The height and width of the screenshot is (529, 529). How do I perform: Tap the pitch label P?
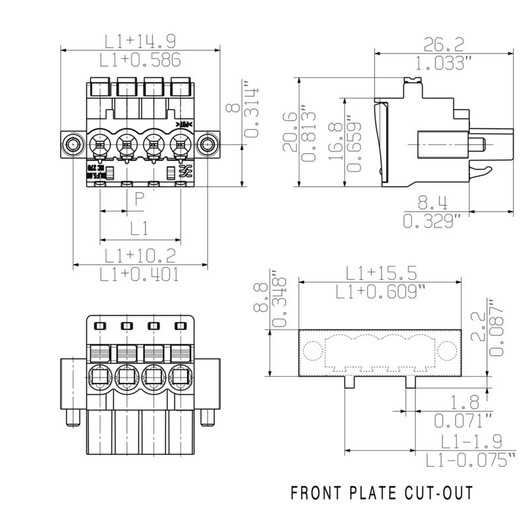coord(139,198)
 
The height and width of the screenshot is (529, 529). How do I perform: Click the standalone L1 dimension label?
coord(139,229)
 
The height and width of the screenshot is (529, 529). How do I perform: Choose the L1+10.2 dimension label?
coord(140,255)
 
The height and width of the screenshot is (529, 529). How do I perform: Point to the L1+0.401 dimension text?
coord(140,274)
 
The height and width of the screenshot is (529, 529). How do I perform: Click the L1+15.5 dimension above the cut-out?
coord(381,272)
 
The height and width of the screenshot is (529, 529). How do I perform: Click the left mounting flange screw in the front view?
coord(72,144)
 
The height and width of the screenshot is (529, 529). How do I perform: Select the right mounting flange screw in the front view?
coord(208,144)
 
